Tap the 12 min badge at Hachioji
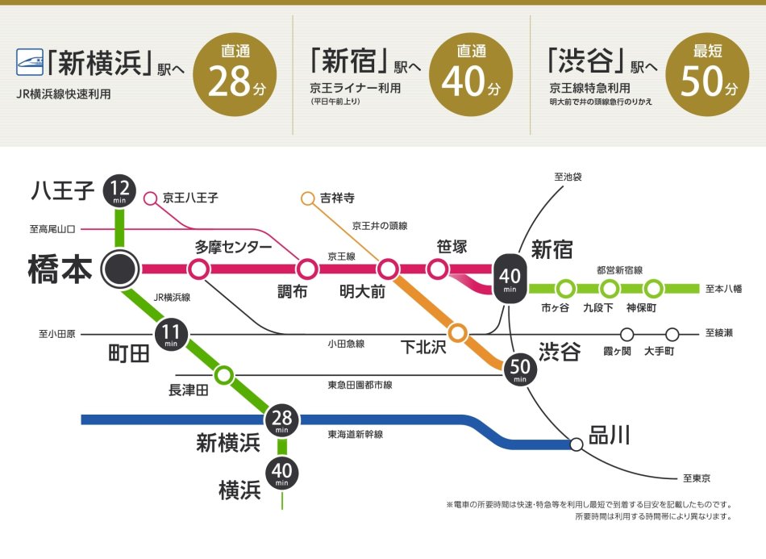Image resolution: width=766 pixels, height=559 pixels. [120, 192]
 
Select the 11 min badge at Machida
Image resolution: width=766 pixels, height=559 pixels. [171, 334]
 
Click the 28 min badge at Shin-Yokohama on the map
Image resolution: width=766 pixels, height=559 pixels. [282, 420]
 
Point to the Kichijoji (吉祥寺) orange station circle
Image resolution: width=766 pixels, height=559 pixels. [307, 198]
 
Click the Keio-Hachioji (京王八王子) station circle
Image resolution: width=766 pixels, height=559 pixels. [150, 197]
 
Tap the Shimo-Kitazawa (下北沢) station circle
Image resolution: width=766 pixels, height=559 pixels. [458, 332]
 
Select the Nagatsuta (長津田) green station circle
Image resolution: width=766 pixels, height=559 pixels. [224, 374]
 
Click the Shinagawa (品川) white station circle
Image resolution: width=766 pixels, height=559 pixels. [576, 444]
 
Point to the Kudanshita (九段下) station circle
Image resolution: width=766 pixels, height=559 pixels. [610, 288]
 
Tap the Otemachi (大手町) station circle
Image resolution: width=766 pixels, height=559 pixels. [672, 334]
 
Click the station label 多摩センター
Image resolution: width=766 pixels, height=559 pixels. [233, 246]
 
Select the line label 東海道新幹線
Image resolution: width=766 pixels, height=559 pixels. [356, 434]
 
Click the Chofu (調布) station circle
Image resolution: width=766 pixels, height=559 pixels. [306, 269]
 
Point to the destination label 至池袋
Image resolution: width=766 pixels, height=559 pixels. [568, 176]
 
